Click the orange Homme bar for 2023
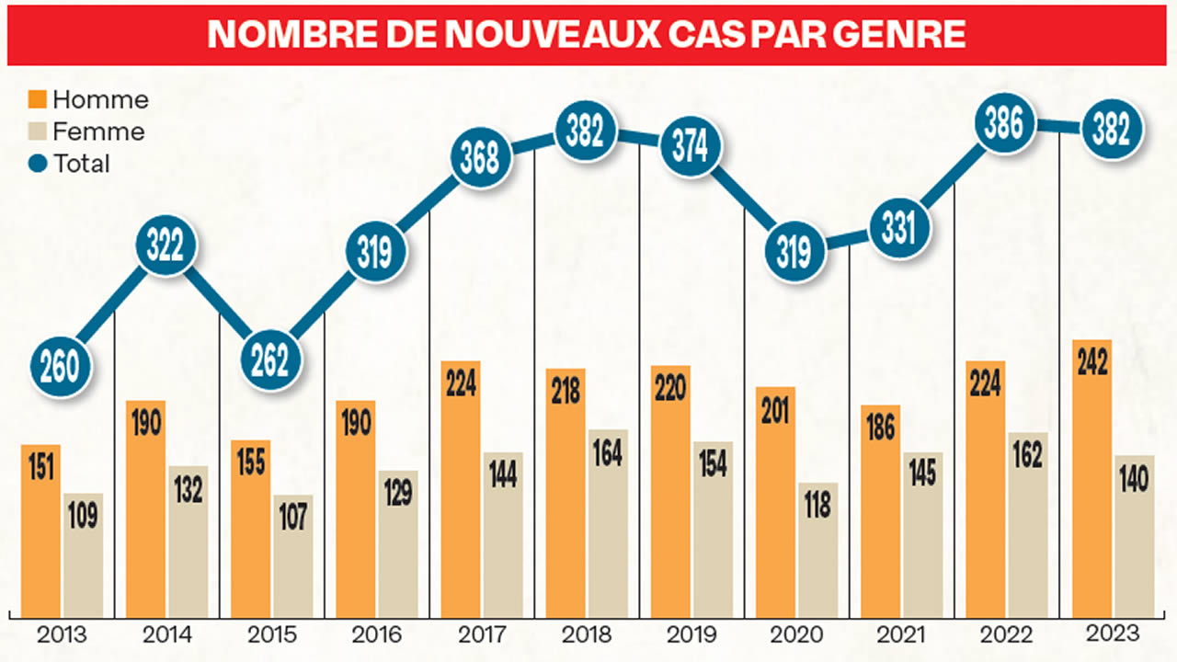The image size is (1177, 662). tap(1091, 478)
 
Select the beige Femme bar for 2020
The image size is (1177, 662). tap(817, 550)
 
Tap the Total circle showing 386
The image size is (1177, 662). tap(1003, 125)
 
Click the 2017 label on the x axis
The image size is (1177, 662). tap(482, 634)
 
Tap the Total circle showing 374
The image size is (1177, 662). tap(690, 147)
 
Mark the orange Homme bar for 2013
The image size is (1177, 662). tap(40, 531)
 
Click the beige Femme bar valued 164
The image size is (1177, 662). tap(608, 522)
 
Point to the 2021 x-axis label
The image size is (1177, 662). tap(901, 634)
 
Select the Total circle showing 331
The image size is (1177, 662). tap(898, 227)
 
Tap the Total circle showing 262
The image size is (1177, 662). tap(270, 360)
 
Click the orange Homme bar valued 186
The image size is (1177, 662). tap(880, 511)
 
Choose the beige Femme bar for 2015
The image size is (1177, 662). tap(292, 555)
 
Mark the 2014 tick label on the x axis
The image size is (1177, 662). tap(167, 634)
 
